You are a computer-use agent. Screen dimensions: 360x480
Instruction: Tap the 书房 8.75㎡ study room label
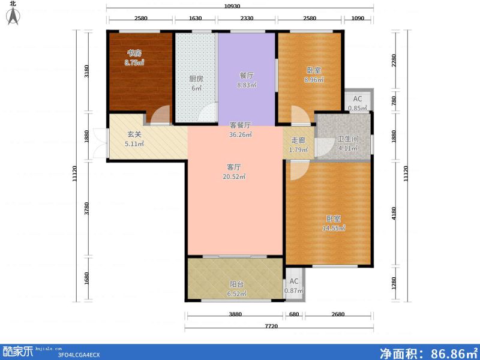[134, 58]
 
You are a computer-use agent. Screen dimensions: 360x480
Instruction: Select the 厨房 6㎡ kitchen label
[196, 83]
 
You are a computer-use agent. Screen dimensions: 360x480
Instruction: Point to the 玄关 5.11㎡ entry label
[134, 140]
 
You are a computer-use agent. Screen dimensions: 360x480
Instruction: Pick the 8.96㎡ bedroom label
[313, 75]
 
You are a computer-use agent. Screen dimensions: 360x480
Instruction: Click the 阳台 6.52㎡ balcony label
[236, 289]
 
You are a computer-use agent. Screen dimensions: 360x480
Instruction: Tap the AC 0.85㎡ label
[358, 104]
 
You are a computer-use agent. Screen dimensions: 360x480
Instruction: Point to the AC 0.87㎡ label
[294, 286]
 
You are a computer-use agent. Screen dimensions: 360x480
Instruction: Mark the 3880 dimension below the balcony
[235, 315]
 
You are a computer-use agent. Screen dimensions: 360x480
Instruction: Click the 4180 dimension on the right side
[394, 213]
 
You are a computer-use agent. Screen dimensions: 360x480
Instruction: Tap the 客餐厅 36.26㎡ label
[240, 130]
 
